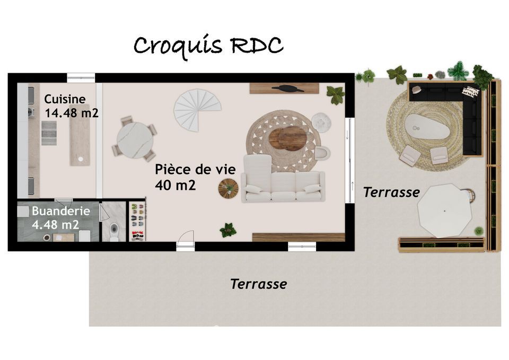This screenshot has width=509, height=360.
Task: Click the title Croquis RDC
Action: (x=208, y=46)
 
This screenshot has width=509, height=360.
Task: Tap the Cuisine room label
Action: (x=65, y=99)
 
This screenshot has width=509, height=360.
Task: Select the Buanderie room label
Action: (x=60, y=211)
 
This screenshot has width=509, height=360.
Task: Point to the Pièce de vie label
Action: (x=195, y=169)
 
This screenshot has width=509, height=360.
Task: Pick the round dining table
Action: (x=135, y=140)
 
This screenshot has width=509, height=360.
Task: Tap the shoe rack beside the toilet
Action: (x=138, y=222)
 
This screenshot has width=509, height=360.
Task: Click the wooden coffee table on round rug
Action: (x=287, y=138)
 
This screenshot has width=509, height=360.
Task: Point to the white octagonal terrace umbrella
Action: (x=444, y=210)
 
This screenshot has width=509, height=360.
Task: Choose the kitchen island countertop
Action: (x=80, y=135)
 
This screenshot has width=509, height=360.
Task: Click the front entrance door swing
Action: (x=186, y=240)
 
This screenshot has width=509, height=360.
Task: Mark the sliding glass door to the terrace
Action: (x=350, y=160)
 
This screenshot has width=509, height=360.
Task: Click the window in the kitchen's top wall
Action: (x=81, y=77)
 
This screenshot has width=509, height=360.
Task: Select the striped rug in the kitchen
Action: (x=49, y=133)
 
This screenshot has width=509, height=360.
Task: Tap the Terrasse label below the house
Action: (x=259, y=284)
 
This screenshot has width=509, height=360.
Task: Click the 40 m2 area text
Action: (x=175, y=185)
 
